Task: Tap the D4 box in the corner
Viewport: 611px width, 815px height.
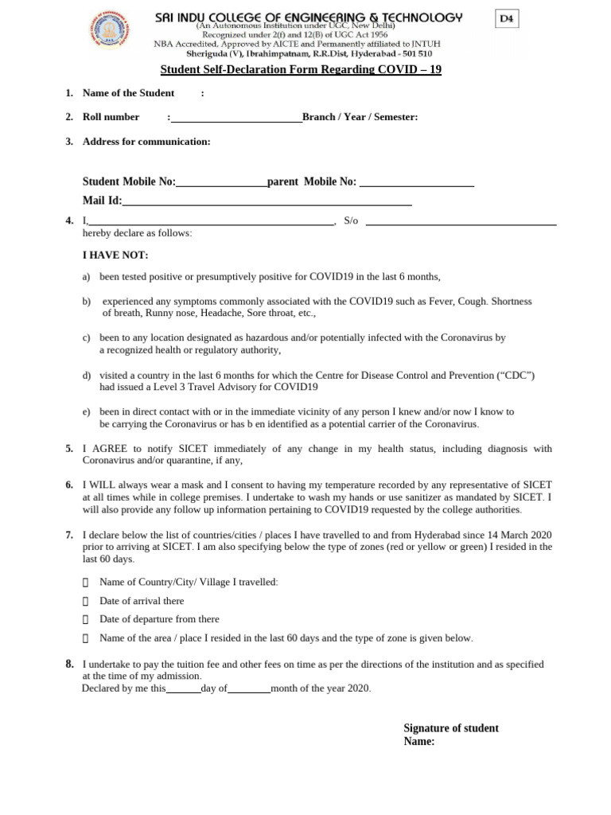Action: tap(505, 19)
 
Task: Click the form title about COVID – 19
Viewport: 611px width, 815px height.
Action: tap(301, 69)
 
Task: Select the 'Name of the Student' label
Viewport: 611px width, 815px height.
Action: tap(128, 93)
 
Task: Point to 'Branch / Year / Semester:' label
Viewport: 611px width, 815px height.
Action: tap(360, 117)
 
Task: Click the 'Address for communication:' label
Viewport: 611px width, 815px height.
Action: tap(146, 142)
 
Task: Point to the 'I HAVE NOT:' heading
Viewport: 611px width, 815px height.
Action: tap(115, 255)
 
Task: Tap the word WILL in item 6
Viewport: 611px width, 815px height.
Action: tap(104, 485)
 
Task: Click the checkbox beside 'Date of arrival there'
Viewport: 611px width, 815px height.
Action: tap(86, 601)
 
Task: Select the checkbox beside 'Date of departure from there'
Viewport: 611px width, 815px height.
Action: tap(86, 619)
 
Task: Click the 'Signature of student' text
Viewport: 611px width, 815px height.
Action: tap(451, 728)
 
